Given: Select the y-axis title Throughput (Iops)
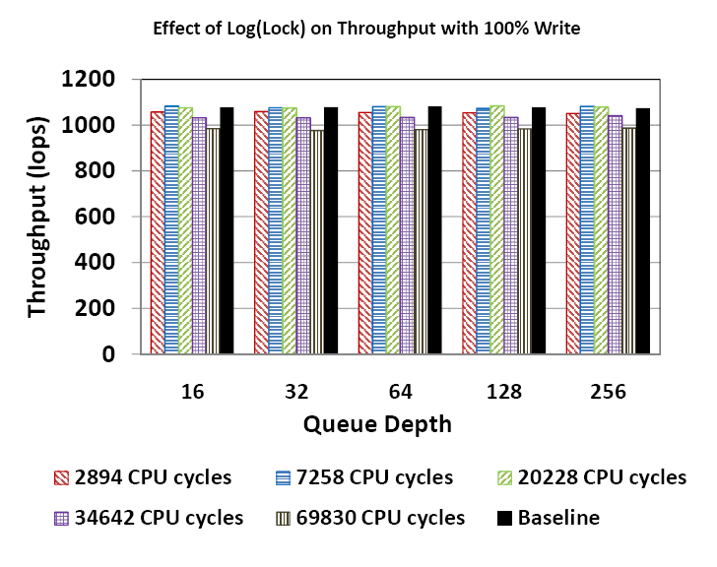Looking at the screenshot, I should click(x=37, y=217).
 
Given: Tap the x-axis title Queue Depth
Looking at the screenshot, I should click(x=377, y=424).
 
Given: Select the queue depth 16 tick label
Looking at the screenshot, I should click(x=193, y=392).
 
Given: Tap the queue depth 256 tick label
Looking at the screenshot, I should click(x=608, y=392).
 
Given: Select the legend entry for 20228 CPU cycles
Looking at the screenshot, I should click(x=588, y=477).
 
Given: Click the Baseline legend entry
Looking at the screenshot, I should click(x=548, y=517).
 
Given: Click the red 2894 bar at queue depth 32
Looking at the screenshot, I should click(x=261, y=232).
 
